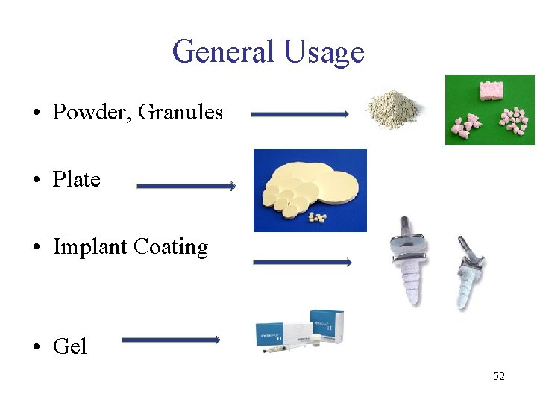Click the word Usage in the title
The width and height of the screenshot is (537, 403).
[324, 51]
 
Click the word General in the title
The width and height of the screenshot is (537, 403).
[223, 51]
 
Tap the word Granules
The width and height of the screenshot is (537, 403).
[180, 113]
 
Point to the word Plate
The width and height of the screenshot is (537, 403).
[76, 180]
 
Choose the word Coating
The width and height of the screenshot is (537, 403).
[175, 247]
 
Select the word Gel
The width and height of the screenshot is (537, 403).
[69, 346]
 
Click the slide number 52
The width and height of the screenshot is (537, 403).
[499, 376]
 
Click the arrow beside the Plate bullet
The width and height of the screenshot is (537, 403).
[186, 186]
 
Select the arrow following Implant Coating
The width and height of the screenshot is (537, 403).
[302, 262]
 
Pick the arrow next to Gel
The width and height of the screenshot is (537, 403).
[171, 340]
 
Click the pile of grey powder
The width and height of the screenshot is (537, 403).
[394, 111]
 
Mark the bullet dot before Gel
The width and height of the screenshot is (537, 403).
[37, 347]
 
